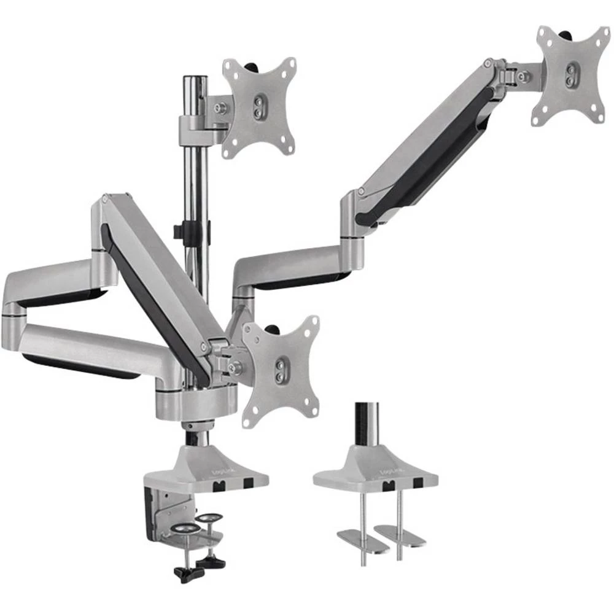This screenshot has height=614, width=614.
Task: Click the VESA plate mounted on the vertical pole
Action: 258,107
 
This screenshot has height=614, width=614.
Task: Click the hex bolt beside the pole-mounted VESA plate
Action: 220,109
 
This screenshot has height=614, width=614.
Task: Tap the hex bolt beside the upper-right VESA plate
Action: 523,77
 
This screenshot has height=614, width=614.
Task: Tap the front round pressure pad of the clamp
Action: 185,529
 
